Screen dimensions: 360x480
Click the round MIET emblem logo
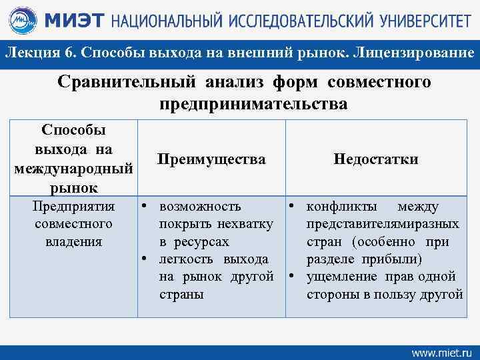point(25,21)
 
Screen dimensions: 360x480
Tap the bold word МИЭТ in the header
point(73,21)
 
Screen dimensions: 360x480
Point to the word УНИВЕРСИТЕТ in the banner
point(420,21)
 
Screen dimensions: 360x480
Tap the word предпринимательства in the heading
point(253,104)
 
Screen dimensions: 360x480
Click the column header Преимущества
point(211,159)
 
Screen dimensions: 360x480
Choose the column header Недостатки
point(376,159)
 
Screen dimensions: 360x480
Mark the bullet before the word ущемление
point(291,276)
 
